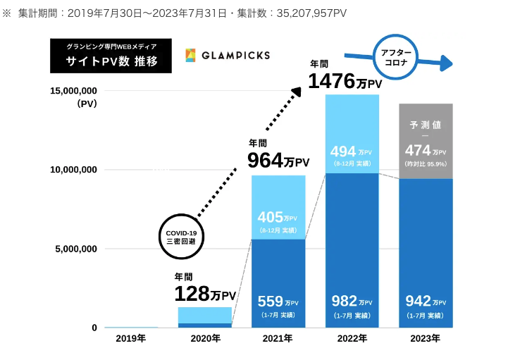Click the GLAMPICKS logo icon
[x=191, y=55]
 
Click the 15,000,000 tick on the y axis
[x=73, y=91]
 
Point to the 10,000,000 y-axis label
[x=73, y=170]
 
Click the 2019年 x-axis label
[x=131, y=339]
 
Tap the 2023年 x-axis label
[x=425, y=339]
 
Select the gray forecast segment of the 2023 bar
[x=426, y=141]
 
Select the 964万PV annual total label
[x=278, y=161]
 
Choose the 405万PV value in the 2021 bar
[x=277, y=218]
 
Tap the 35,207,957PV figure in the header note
[x=304, y=13]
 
